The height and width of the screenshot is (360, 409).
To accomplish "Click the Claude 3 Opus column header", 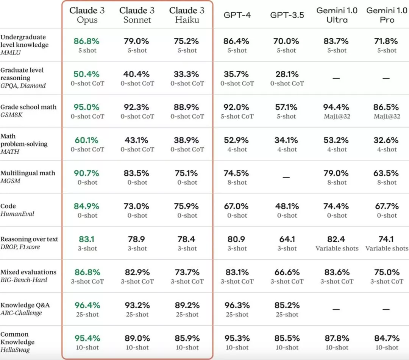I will pos(87,15).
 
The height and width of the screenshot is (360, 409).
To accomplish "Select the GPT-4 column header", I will pos(237,15).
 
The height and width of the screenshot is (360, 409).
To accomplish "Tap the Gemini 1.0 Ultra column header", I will pos(337,15).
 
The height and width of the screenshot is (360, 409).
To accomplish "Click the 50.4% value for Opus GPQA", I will pos(87,74).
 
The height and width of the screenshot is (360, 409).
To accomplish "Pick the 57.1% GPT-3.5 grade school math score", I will pos(287,107).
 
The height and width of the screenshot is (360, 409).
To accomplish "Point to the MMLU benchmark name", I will pos(11,53).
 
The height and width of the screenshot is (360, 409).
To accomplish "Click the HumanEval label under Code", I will pos(17,214).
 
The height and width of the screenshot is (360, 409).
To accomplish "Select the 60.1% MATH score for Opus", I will pos(87,140).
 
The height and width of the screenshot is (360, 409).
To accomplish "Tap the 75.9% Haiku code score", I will pos(187,206).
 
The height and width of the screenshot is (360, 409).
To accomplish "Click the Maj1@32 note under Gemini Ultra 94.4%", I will pos(337,117).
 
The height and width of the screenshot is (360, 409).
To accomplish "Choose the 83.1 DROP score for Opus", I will pos(87,239).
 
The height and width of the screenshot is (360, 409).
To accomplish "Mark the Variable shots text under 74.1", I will pos(387,248).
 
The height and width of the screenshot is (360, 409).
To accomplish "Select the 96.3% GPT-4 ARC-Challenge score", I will pos(237,305).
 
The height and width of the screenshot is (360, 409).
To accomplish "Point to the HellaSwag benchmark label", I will pos(15,350).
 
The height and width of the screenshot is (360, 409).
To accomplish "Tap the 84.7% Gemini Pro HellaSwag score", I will pos(387,338).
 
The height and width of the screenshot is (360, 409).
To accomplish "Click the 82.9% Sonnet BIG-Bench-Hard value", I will pos(137,272).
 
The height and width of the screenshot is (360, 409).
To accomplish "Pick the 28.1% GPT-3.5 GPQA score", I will pos(287,74).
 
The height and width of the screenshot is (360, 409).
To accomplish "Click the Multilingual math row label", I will pos(28,173).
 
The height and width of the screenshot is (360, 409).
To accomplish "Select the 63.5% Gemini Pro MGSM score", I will pos(387,173).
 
